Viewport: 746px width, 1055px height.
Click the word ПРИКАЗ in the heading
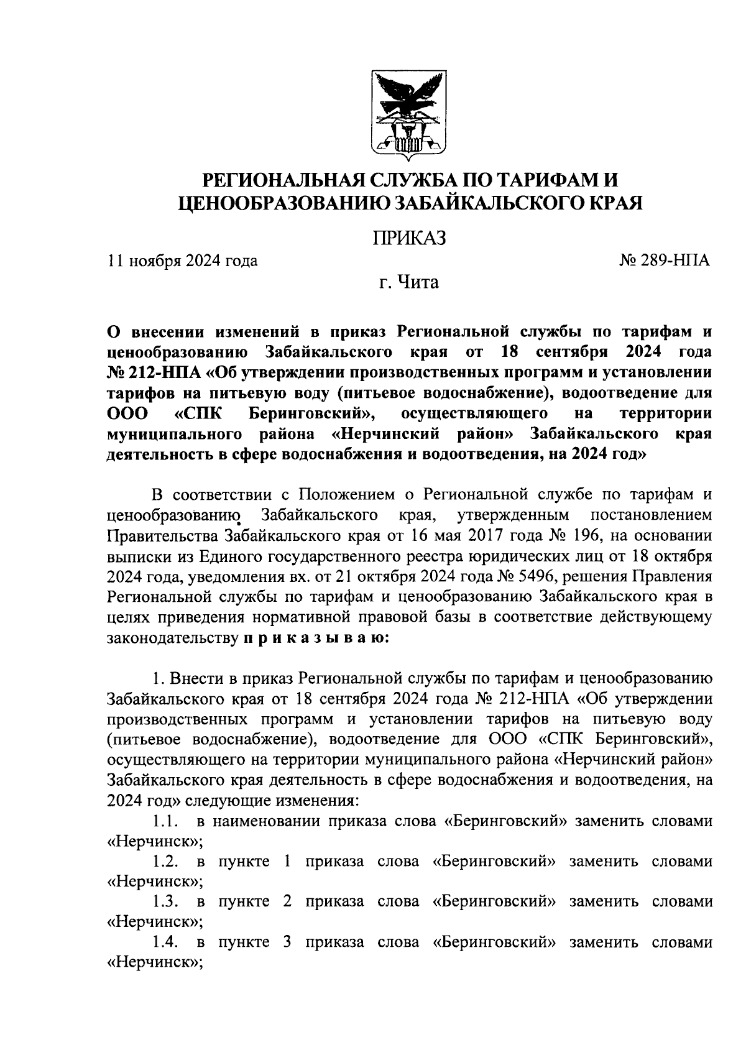tap(409, 238)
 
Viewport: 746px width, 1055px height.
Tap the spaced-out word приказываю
tap(315, 638)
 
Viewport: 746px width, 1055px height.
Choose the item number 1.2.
tap(164, 862)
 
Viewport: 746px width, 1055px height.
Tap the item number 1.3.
tap(164, 901)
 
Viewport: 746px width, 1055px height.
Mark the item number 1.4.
tap(164, 942)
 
